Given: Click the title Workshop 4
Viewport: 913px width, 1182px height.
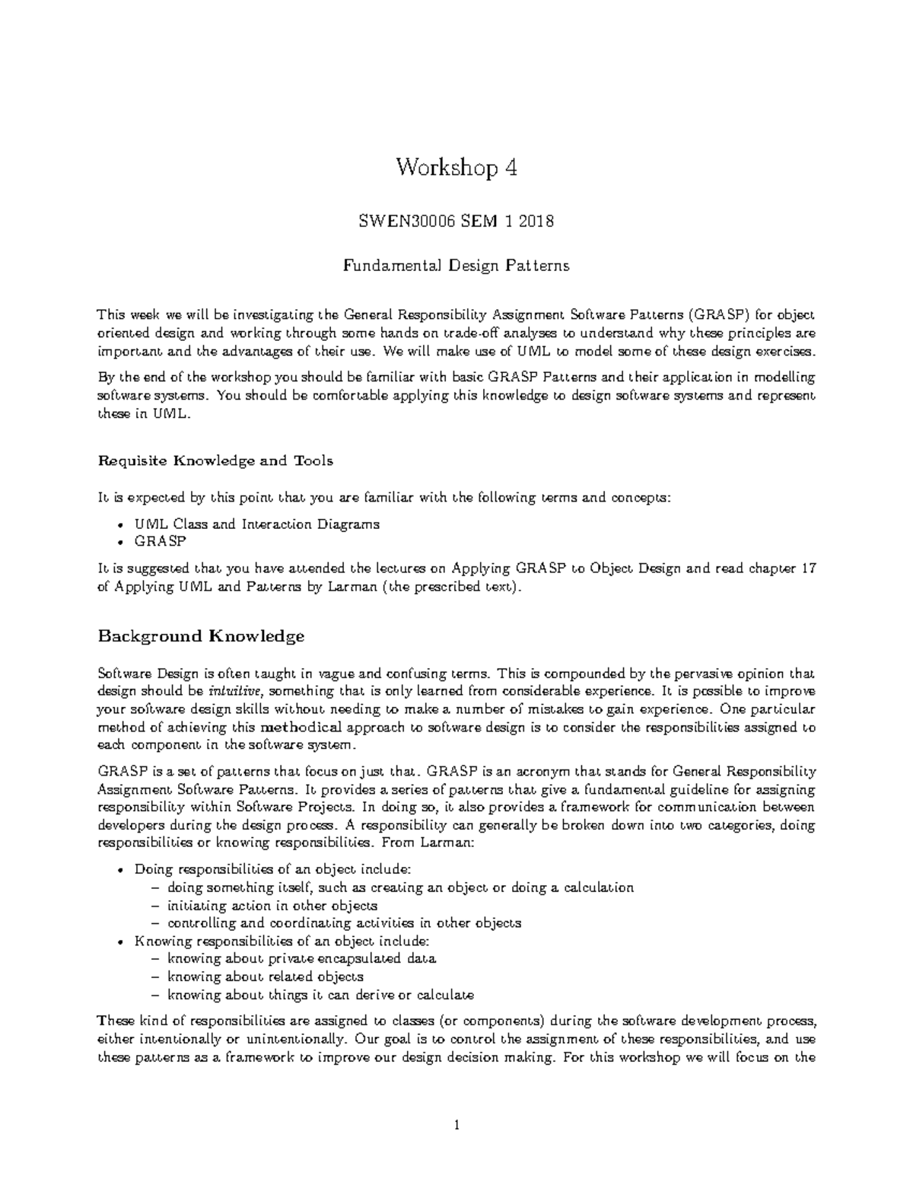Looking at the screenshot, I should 456,168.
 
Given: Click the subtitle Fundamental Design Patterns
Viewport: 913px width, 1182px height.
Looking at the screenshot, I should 456,266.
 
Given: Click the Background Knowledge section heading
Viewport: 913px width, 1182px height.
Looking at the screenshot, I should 201,636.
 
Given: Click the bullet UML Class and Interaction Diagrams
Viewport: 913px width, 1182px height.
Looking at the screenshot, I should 256,524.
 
